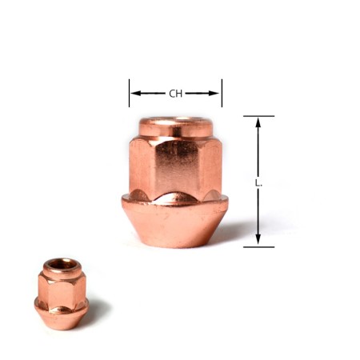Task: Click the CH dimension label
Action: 175,94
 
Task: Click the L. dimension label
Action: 258,182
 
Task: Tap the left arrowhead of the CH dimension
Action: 134,94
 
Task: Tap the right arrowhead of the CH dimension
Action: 216,94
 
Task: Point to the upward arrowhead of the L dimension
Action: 258,122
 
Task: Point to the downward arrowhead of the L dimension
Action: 258,241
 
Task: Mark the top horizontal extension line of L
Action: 258,116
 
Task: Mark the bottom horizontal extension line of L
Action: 258,246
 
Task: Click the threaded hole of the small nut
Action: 61,263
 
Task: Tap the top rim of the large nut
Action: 175,125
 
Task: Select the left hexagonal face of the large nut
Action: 140,168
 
